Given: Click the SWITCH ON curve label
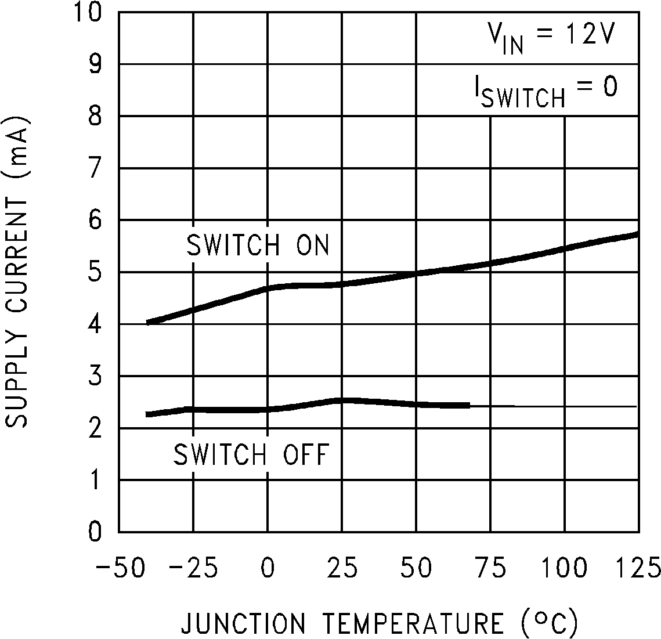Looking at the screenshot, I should [x=258, y=246].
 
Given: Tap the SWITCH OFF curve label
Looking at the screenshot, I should [x=251, y=454].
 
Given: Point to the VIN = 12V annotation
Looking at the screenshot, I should [x=550, y=38].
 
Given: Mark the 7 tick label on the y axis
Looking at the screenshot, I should [x=95, y=168].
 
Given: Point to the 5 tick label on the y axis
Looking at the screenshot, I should [x=95, y=272].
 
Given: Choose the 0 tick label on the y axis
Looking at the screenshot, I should [x=95, y=532].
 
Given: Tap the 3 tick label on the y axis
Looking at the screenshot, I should [x=95, y=376].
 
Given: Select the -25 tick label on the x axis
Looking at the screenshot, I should [x=193, y=567].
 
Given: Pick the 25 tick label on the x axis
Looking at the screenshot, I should [x=342, y=567].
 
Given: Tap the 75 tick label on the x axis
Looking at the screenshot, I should [x=490, y=567].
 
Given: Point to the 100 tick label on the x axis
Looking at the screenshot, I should [x=564, y=567].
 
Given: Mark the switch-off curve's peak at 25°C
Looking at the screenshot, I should [x=342, y=400].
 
